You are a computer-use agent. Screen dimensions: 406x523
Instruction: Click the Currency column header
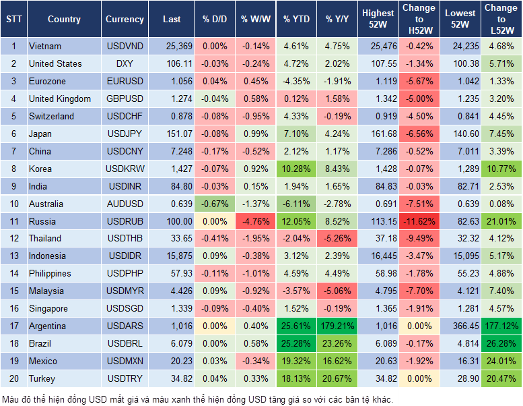[125, 20]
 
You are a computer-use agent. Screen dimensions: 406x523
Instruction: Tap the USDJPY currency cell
[125, 134]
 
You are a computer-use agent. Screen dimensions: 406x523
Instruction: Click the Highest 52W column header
[378, 20]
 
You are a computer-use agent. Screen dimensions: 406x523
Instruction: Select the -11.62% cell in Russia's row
[419, 221]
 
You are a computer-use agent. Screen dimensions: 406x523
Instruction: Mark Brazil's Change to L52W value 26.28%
[501, 343]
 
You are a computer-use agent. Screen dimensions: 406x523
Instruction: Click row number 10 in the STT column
[13, 204]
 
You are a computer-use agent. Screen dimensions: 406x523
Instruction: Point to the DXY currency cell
[125, 64]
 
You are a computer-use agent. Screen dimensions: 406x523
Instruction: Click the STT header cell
[13, 20]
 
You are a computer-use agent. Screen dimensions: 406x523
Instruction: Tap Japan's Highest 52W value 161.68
[378, 134]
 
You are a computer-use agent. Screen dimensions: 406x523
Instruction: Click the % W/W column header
[255, 20]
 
